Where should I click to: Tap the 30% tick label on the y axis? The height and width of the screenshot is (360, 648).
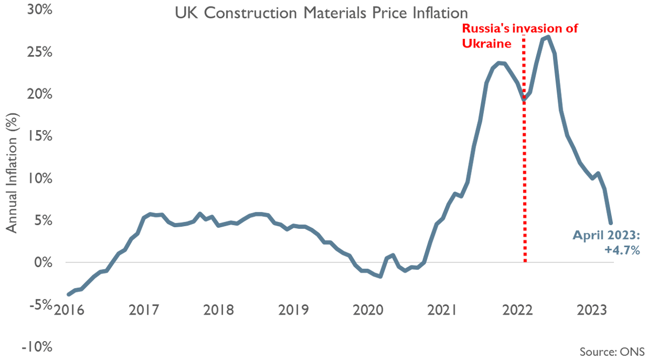click(x=36, y=10)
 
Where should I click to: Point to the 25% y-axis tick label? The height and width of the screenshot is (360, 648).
click(x=36, y=52)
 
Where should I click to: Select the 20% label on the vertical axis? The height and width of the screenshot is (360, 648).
click(x=36, y=94)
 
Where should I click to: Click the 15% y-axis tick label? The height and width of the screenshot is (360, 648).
click(x=36, y=137)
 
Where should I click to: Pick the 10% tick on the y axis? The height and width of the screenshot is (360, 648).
click(x=36, y=179)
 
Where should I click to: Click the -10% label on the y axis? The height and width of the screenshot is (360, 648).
click(x=33, y=347)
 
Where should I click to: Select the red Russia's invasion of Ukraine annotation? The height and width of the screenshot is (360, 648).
click(x=519, y=36)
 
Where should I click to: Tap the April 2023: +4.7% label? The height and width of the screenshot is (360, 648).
click(x=606, y=242)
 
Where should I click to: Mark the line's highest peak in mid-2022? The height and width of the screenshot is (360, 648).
click(x=548, y=37)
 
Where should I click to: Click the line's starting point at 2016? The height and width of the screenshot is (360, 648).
click(x=68, y=294)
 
